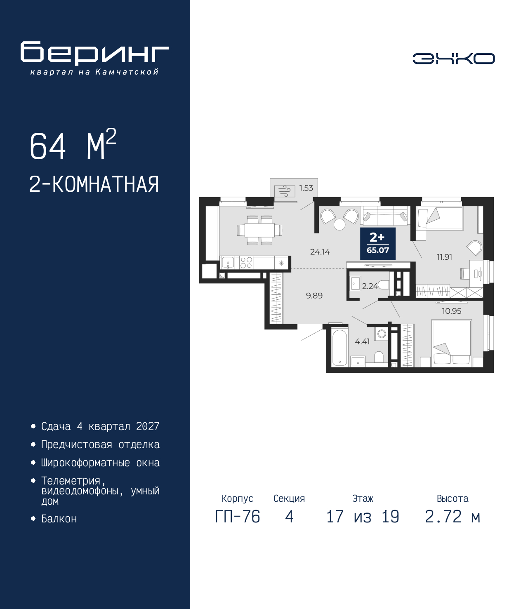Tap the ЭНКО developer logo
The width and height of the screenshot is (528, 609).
(453, 59)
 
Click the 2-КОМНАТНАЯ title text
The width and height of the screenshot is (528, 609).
(94, 184)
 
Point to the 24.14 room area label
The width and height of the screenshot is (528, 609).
(320, 252)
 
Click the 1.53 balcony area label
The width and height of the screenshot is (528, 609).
(306, 188)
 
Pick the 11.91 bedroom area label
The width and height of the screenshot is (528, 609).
(444, 257)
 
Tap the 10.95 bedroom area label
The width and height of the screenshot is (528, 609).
(451, 311)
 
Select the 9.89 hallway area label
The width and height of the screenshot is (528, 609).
(314, 296)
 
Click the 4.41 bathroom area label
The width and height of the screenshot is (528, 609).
(362, 342)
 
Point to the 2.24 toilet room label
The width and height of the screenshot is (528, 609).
(370, 286)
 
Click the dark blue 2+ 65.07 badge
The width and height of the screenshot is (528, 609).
(378, 243)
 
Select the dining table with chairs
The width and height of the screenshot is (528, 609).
(259, 230)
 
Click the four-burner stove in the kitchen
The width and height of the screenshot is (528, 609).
(246, 263)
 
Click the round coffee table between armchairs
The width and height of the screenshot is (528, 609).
(339, 224)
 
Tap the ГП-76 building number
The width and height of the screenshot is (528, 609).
(237, 517)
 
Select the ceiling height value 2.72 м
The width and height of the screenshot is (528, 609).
(453, 517)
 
